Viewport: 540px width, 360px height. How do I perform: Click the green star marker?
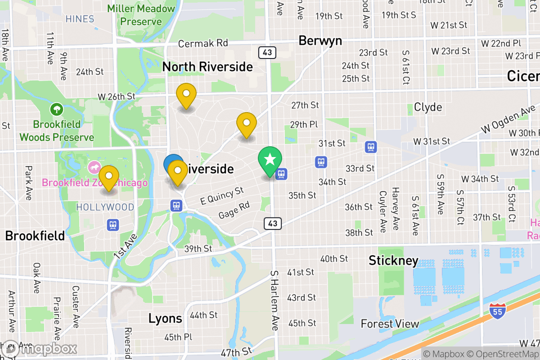[270, 160]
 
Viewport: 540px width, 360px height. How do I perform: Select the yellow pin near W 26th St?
[186, 95]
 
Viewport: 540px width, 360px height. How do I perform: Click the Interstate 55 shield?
[497, 310]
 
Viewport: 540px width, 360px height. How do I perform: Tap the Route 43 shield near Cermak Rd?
[267, 53]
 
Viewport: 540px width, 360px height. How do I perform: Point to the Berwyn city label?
[320, 41]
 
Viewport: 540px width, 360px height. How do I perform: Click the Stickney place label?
[393, 261]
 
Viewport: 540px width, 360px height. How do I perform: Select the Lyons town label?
[165, 319]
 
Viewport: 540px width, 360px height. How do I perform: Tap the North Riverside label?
[207, 67]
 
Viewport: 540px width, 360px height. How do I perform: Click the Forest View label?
[390, 324]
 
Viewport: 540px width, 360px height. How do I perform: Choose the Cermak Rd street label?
[203, 44]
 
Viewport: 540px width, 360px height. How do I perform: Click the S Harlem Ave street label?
[274, 300]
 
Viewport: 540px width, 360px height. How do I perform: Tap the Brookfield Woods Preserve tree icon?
[57, 109]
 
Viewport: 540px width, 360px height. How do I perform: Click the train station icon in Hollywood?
[112, 224]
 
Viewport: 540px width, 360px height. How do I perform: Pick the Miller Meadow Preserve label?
[141, 15]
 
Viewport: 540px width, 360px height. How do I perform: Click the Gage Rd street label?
[234, 210]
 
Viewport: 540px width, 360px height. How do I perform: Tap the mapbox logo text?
[49, 349]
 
